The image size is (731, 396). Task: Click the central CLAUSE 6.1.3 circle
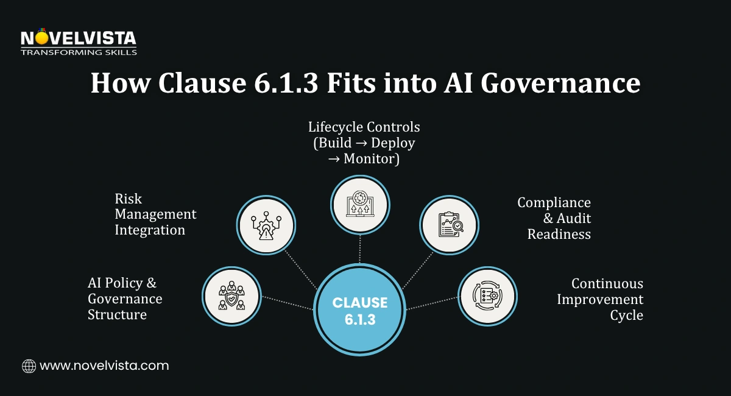click(x=359, y=310)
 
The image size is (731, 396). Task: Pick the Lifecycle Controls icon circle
click(x=359, y=205)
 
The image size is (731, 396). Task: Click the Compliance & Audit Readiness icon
click(x=450, y=225)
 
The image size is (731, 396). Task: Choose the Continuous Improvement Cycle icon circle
click(x=487, y=295)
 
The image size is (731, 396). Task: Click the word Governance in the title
click(x=560, y=83)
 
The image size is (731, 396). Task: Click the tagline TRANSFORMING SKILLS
click(x=79, y=52)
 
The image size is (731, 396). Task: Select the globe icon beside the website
click(x=29, y=366)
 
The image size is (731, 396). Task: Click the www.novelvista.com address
click(x=104, y=366)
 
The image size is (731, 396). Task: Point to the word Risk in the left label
click(x=129, y=199)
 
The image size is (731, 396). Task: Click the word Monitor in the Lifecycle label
click(x=371, y=159)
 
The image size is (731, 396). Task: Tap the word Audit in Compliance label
click(x=573, y=218)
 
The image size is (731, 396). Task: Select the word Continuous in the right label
click(x=607, y=284)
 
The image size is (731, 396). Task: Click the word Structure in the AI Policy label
click(x=117, y=315)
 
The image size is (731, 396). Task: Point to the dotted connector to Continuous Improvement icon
click(x=432, y=303)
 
